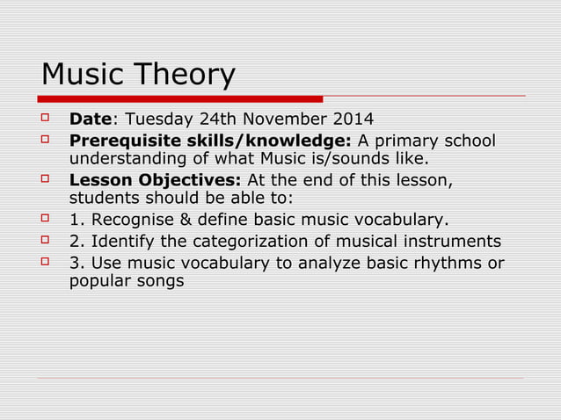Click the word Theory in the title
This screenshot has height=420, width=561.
click(x=186, y=75)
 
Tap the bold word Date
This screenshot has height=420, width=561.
click(x=91, y=119)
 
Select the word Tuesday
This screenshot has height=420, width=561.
click(x=155, y=119)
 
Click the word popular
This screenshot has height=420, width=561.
click(x=99, y=283)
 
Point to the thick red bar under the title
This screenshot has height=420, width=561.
click(x=181, y=98)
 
